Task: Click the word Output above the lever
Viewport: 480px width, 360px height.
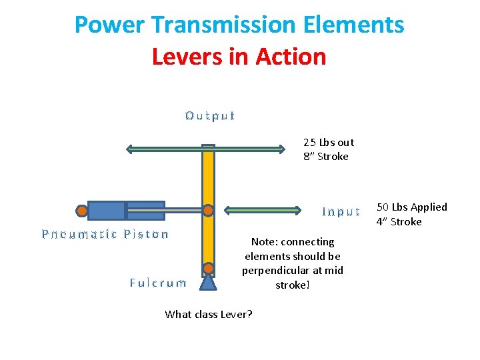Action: [210, 116]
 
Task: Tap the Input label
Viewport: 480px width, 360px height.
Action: [341, 212]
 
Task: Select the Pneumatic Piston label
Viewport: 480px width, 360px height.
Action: [105, 234]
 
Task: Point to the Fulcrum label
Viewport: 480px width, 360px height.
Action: [158, 283]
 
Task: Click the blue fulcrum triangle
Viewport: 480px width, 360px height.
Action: [209, 283]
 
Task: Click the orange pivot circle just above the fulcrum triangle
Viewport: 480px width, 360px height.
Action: [209, 269]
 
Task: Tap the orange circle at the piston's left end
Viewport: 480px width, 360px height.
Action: [82, 211]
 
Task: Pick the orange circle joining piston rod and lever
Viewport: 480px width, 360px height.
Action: [209, 211]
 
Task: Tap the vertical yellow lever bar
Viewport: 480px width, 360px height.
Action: [209, 180]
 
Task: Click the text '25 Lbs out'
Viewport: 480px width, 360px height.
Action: [329, 142]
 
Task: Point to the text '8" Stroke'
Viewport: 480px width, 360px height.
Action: [325, 157]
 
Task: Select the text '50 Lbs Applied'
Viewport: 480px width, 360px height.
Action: [412, 207]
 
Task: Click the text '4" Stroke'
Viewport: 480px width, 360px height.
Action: [399, 221]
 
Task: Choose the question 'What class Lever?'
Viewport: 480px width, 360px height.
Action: [209, 314]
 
